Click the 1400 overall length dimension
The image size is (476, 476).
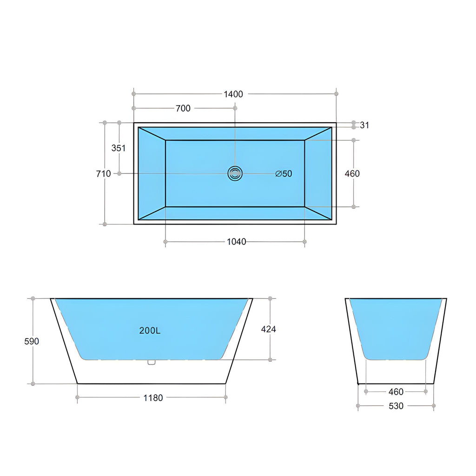pos(233,94)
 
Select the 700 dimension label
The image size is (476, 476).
pos(183,108)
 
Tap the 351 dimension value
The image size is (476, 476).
pos(119,148)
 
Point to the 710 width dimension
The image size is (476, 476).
pos(104,174)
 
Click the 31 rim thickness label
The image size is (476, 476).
pos(364,125)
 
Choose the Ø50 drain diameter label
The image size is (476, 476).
pos(284,174)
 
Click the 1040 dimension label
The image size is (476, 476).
pos(237,242)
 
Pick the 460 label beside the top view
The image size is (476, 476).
pos(352,174)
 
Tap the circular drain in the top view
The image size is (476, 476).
pos(235,174)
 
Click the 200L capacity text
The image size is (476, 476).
pos(150,331)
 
